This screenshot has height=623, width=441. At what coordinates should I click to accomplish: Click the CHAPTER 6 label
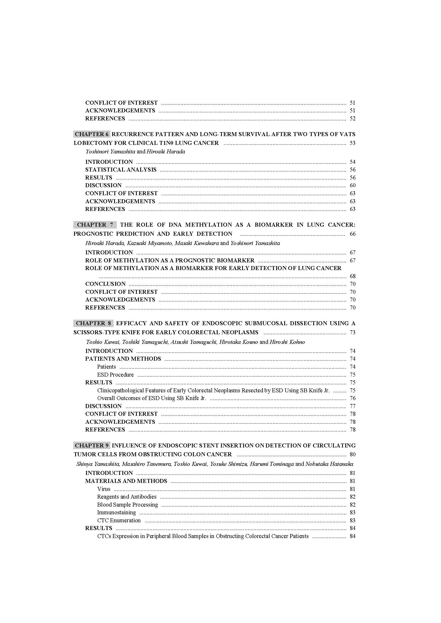tap(91, 134)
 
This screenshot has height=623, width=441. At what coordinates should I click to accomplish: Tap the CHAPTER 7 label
tap(95, 225)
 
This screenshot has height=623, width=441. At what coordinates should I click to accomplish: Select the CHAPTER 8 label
tap(93, 323)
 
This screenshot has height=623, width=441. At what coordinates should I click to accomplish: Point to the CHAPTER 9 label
tap(91, 445)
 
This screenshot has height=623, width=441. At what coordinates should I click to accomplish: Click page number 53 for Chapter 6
tap(352, 143)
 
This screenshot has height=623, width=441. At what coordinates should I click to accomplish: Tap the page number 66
tap(352, 234)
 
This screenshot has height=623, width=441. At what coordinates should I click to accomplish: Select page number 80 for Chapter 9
tap(352, 454)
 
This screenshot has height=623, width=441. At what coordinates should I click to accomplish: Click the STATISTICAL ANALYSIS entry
tap(121, 170)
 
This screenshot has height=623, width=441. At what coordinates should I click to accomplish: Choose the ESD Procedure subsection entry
tap(115, 374)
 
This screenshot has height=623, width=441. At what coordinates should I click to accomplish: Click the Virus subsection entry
tap(104, 489)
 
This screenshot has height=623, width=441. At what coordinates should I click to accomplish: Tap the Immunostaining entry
tap(117, 512)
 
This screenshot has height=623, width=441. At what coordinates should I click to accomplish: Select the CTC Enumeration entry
tap(119, 520)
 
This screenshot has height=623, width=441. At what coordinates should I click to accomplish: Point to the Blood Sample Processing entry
tap(128, 504)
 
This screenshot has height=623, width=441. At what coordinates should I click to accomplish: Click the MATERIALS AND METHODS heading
tap(126, 481)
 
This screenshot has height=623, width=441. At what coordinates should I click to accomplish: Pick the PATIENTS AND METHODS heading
tap(123, 359)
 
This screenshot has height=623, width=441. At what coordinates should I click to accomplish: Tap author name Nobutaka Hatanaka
tap(329, 464)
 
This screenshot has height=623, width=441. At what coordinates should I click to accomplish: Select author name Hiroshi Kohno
tap(287, 342)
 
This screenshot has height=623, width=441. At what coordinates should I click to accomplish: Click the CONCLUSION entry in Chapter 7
tap(105, 284)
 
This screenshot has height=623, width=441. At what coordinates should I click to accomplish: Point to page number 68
tap(352, 276)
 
